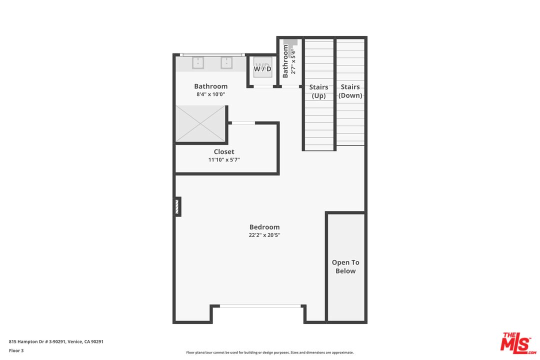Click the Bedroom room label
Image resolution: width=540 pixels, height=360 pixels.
click(264, 227)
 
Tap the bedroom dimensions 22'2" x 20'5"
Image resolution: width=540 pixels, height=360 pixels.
click(264, 235)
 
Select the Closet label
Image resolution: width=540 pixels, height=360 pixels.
click(224, 151)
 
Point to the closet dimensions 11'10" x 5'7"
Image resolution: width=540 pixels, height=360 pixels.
click(224, 160)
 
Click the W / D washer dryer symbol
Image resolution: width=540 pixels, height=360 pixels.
click(263, 67)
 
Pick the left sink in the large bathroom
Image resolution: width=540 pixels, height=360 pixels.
click(198, 63)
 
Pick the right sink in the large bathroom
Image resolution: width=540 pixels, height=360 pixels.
click(226, 63)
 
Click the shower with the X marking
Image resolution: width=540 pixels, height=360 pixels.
click(200, 123)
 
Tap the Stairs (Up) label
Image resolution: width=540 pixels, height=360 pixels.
click(318, 91)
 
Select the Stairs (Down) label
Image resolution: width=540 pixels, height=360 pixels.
click(350, 91)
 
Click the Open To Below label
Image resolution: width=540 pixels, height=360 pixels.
click(345, 266)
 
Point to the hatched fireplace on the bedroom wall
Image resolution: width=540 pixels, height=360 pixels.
click(177, 206)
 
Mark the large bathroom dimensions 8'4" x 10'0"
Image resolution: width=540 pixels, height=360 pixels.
click(211, 94)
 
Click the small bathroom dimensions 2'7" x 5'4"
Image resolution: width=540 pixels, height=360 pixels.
click(293, 61)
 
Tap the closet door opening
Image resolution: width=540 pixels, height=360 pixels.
click(243, 123)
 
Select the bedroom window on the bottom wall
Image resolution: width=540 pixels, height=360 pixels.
click(260, 306)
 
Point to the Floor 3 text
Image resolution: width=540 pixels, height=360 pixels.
click(16, 350)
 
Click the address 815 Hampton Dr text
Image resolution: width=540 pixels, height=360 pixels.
click(56, 341)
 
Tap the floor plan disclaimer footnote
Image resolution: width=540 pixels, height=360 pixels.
click(270, 352)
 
